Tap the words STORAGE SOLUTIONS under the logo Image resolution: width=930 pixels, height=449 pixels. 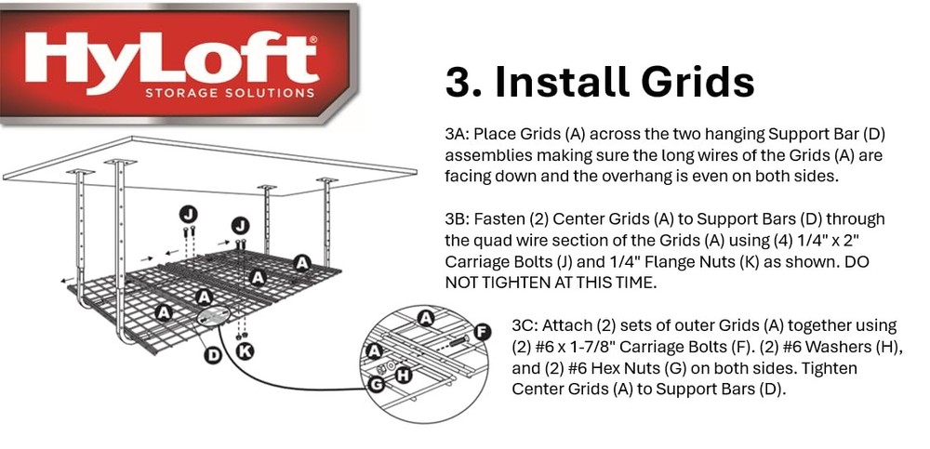230,93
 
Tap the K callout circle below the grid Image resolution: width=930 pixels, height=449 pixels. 245,350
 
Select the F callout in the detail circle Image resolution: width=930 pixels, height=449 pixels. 482,331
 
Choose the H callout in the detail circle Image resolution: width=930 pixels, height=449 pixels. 404,376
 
